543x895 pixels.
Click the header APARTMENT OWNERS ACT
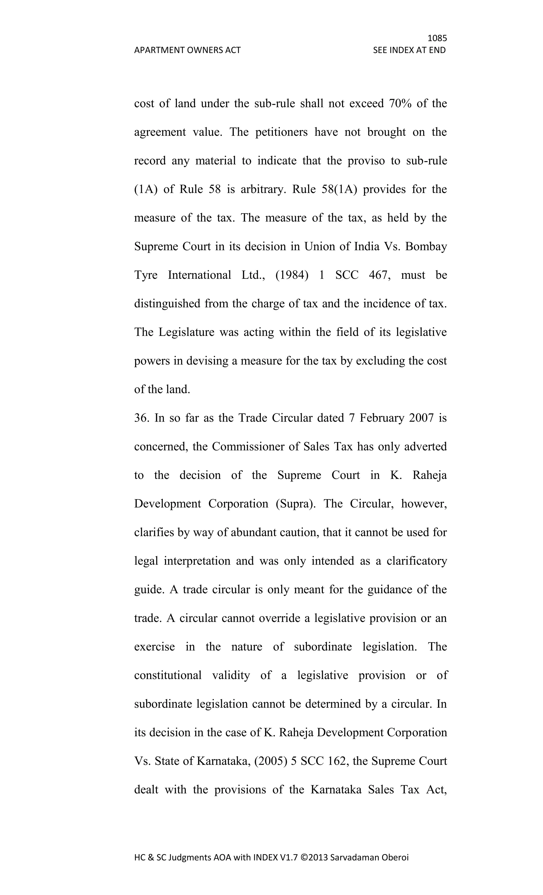click(187, 50)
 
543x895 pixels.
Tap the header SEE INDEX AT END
click(409, 50)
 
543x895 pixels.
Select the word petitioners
click(281, 132)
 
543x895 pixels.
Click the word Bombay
click(426, 247)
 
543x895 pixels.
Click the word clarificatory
click(416, 561)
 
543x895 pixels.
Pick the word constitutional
click(168, 675)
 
